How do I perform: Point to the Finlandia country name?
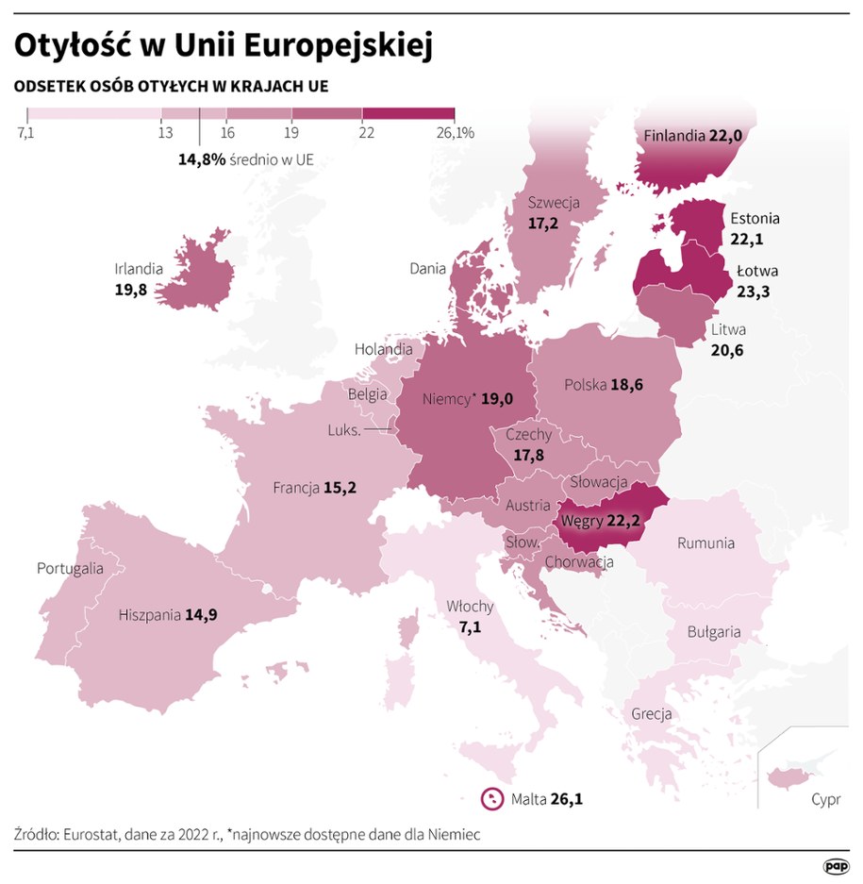673,136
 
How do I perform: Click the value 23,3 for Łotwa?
753,292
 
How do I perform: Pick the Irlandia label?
139,269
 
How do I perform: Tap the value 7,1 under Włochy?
470,625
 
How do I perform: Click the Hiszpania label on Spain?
149,615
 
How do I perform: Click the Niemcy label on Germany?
446,399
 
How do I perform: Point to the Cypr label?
825,800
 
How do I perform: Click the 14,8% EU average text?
201,159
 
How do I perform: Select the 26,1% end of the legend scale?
456,133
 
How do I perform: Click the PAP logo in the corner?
837,865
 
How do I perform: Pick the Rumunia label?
705,543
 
